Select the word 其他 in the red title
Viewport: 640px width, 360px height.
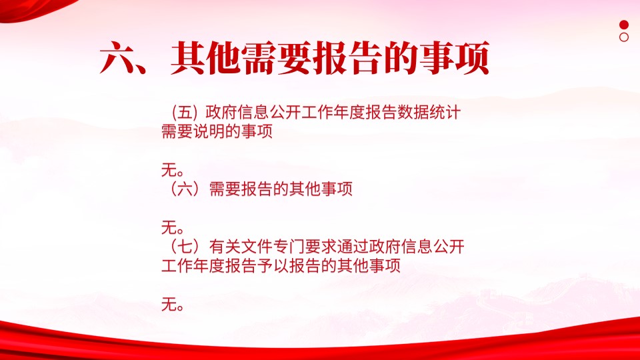click(x=206, y=58)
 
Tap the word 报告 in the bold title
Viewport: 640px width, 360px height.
click(x=348, y=58)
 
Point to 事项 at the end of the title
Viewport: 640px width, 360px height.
click(x=455, y=58)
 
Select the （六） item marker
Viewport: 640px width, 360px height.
click(x=185, y=189)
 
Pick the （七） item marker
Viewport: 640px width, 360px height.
click(x=185, y=247)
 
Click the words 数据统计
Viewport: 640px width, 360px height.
click(x=429, y=112)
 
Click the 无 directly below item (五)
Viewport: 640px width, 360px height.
click(x=169, y=170)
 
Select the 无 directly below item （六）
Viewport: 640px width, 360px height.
click(x=169, y=227)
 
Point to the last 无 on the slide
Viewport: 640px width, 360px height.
click(x=169, y=305)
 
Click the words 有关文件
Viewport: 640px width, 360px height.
click(x=241, y=247)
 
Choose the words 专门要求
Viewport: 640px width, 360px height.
click(x=305, y=247)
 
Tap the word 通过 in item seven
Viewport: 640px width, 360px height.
click(x=353, y=247)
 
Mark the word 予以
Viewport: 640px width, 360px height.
click(x=273, y=266)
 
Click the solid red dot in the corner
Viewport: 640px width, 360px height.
click(x=624, y=25)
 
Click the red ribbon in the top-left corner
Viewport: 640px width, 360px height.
click(x=33, y=9)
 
